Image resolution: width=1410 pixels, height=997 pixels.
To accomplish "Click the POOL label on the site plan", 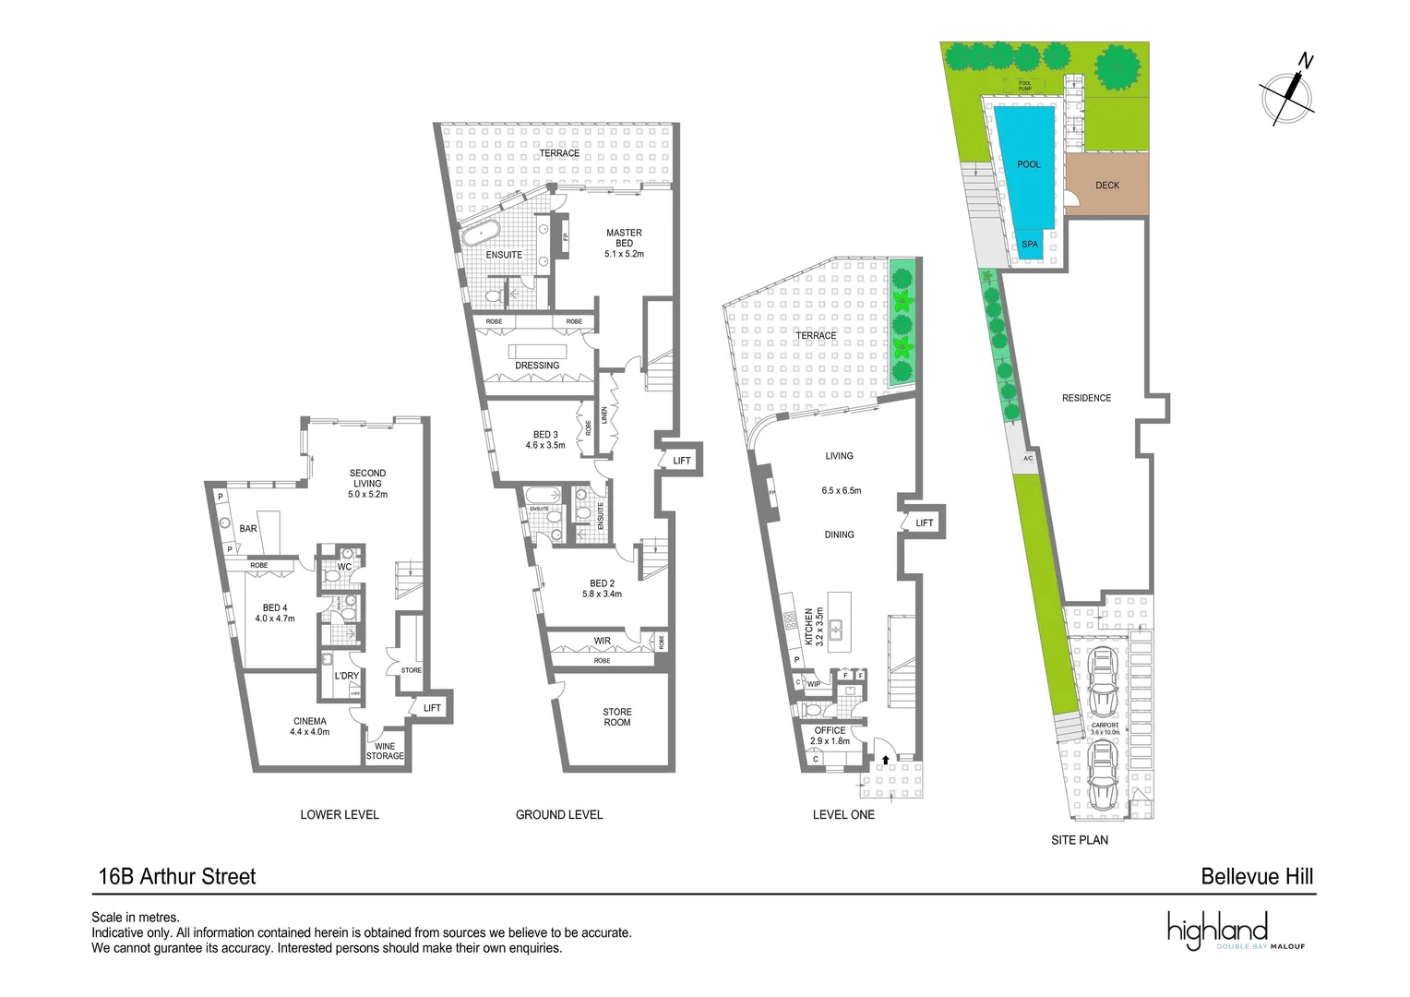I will [1028, 164].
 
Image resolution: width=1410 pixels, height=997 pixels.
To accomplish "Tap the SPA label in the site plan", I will [1030, 245].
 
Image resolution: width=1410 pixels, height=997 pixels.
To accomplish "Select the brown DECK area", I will [1107, 185].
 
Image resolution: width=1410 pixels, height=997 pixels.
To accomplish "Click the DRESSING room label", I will [537, 366].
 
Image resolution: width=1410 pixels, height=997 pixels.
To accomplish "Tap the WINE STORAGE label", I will [385, 751].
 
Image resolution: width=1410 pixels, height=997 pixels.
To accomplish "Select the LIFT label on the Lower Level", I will [432, 708].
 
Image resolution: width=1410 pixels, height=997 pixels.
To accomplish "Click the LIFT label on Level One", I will [924, 523].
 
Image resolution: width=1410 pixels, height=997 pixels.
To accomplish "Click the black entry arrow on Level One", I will [886, 760].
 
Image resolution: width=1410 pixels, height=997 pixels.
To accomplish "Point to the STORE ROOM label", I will [617, 717].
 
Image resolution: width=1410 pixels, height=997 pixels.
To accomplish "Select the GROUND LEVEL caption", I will [559, 814].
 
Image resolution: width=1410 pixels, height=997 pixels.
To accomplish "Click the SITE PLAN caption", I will [1080, 840].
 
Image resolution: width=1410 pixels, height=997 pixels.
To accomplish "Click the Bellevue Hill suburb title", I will [1257, 877].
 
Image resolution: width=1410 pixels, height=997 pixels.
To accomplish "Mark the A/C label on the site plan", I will [1028, 459].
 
